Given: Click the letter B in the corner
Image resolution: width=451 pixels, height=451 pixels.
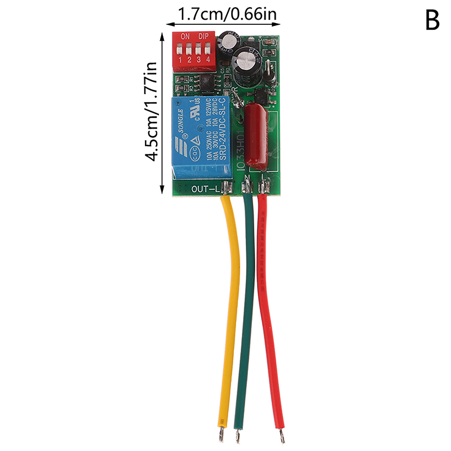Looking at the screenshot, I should tap(432, 21).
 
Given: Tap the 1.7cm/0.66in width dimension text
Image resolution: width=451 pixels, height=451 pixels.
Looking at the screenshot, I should tap(228, 13).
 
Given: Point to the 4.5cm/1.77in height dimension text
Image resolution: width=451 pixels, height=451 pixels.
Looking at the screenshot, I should tap(152, 112).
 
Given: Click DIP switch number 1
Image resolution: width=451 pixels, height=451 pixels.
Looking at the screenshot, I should tap(180, 50).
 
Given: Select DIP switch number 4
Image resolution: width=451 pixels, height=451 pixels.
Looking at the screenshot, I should tap(209, 50).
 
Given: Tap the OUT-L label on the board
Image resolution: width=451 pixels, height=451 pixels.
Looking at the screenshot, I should tap(205, 189).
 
